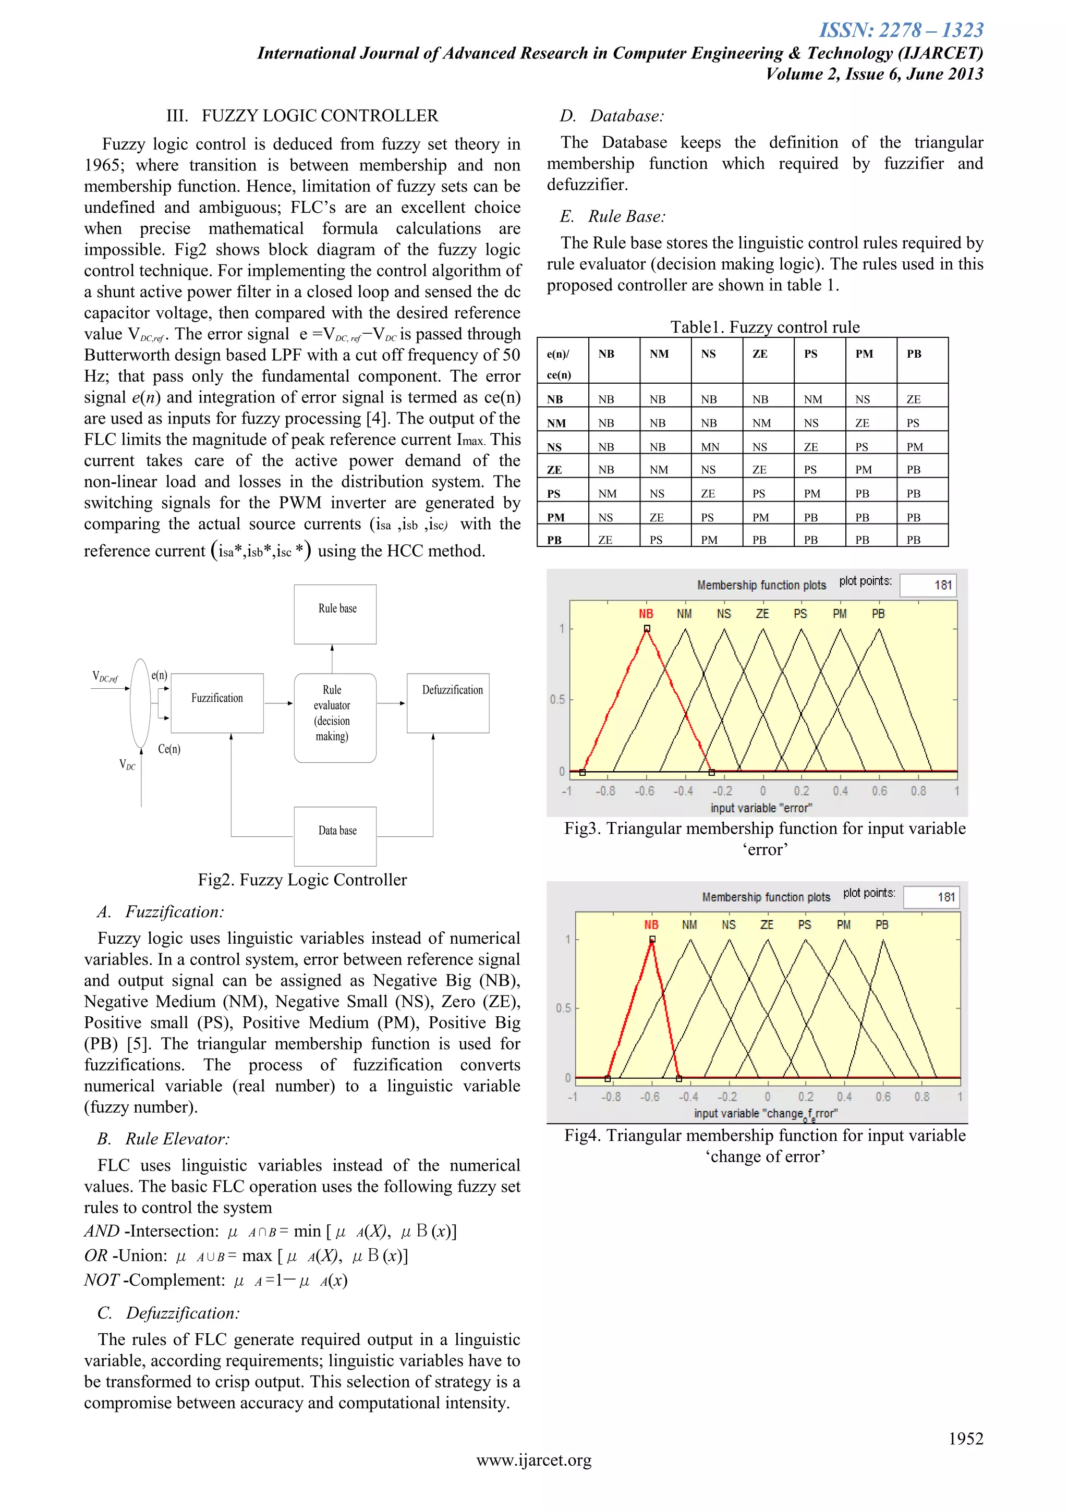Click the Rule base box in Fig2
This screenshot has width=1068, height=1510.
335,614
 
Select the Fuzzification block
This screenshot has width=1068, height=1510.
217,702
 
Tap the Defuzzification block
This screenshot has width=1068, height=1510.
448,702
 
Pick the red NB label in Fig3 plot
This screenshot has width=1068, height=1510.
645,614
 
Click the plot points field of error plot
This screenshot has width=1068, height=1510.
927,584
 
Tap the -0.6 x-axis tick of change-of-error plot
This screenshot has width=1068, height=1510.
650,1097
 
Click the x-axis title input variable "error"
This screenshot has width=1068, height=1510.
761,808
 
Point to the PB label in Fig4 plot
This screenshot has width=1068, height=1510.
881,924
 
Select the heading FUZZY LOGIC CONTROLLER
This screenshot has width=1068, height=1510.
320,116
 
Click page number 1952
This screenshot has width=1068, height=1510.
965,1439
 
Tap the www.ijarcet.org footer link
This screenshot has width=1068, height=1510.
533,1460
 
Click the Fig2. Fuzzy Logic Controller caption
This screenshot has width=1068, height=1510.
302,880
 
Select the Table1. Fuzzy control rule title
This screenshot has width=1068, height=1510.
764,327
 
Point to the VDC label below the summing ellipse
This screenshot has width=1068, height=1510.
128,764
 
